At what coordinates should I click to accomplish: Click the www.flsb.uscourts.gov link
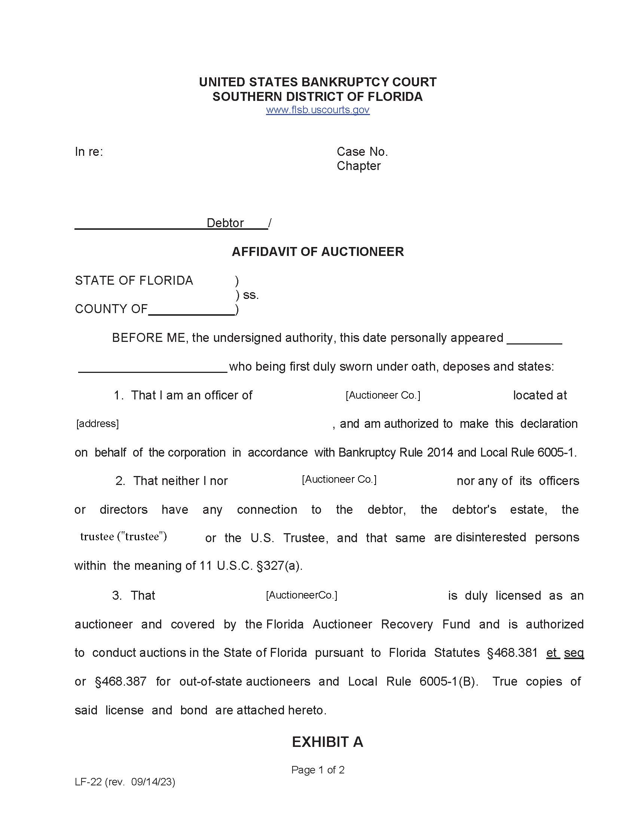point(318,110)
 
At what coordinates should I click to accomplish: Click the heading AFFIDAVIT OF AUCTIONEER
point(318,251)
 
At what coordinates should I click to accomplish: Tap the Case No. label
point(362,152)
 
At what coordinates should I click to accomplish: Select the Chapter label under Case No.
point(358,166)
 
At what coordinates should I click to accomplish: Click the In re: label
point(89,152)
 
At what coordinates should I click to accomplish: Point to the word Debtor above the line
point(225,223)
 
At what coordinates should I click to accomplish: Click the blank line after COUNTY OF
point(192,311)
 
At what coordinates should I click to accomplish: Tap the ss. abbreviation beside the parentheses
point(251,295)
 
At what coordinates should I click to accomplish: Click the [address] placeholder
point(98,424)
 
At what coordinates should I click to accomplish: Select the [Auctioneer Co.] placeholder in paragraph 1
point(383,395)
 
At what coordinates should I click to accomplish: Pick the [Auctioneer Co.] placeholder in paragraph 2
point(339,479)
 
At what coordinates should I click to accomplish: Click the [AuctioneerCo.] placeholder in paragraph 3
point(302,596)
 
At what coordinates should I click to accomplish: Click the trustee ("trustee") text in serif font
point(123,537)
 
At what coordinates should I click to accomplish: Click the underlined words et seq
point(565,653)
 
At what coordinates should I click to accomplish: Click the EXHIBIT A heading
point(327,742)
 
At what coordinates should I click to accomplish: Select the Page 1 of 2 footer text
point(318,770)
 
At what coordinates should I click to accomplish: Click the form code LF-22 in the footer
point(88,782)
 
